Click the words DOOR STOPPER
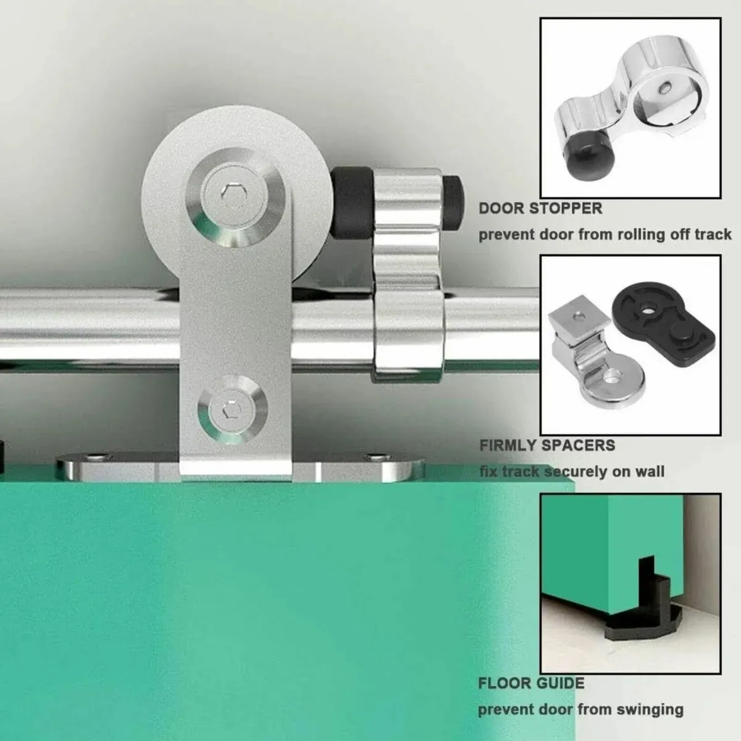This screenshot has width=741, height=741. coord(540,208)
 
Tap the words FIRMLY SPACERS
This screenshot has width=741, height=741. coord(547,445)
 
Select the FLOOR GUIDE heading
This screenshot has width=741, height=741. coord(531,684)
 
